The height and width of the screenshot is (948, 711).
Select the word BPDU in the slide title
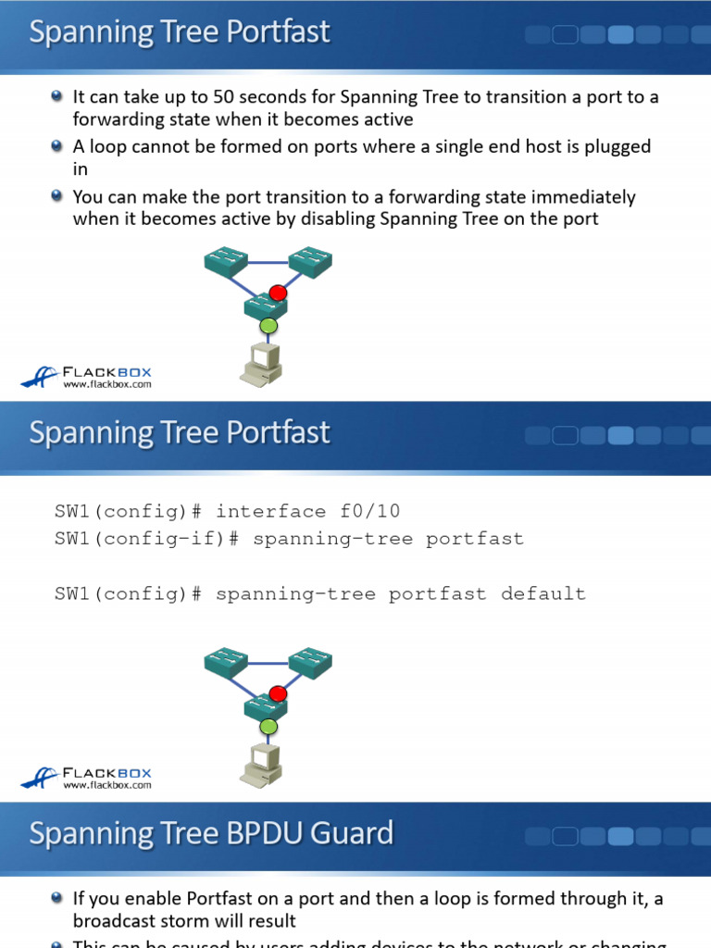[265, 833]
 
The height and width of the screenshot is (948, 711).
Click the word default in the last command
[543, 593]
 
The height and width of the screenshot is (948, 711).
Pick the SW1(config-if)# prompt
[146, 539]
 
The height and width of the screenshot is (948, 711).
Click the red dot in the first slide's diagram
[278, 293]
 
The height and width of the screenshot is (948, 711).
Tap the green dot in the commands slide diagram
[268, 727]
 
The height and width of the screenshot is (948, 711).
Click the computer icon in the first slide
[261, 364]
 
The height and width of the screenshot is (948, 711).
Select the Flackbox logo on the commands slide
[86, 777]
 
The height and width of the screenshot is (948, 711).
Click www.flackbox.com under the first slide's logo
[106, 383]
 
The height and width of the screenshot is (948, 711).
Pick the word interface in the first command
[270, 512]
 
